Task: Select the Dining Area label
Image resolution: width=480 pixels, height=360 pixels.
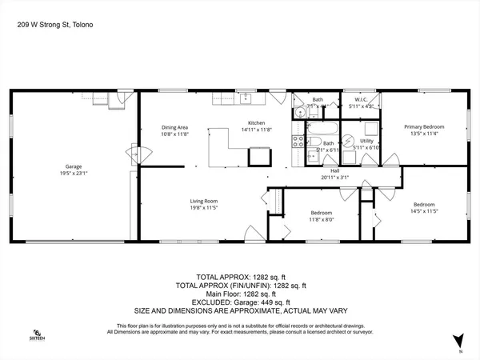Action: pyautogui.click(x=174, y=127)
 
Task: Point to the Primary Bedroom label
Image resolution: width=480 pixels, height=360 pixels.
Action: pyautogui.click(x=423, y=127)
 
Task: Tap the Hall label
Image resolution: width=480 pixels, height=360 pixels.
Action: pyautogui.click(x=335, y=170)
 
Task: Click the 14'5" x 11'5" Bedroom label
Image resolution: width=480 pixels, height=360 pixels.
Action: pyautogui.click(x=426, y=204)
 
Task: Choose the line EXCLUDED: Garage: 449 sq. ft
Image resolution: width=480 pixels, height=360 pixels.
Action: pyautogui.click(x=240, y=302)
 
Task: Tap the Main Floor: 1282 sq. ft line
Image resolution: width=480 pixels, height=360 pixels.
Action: pyautogui.click(x=240, y=294)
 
